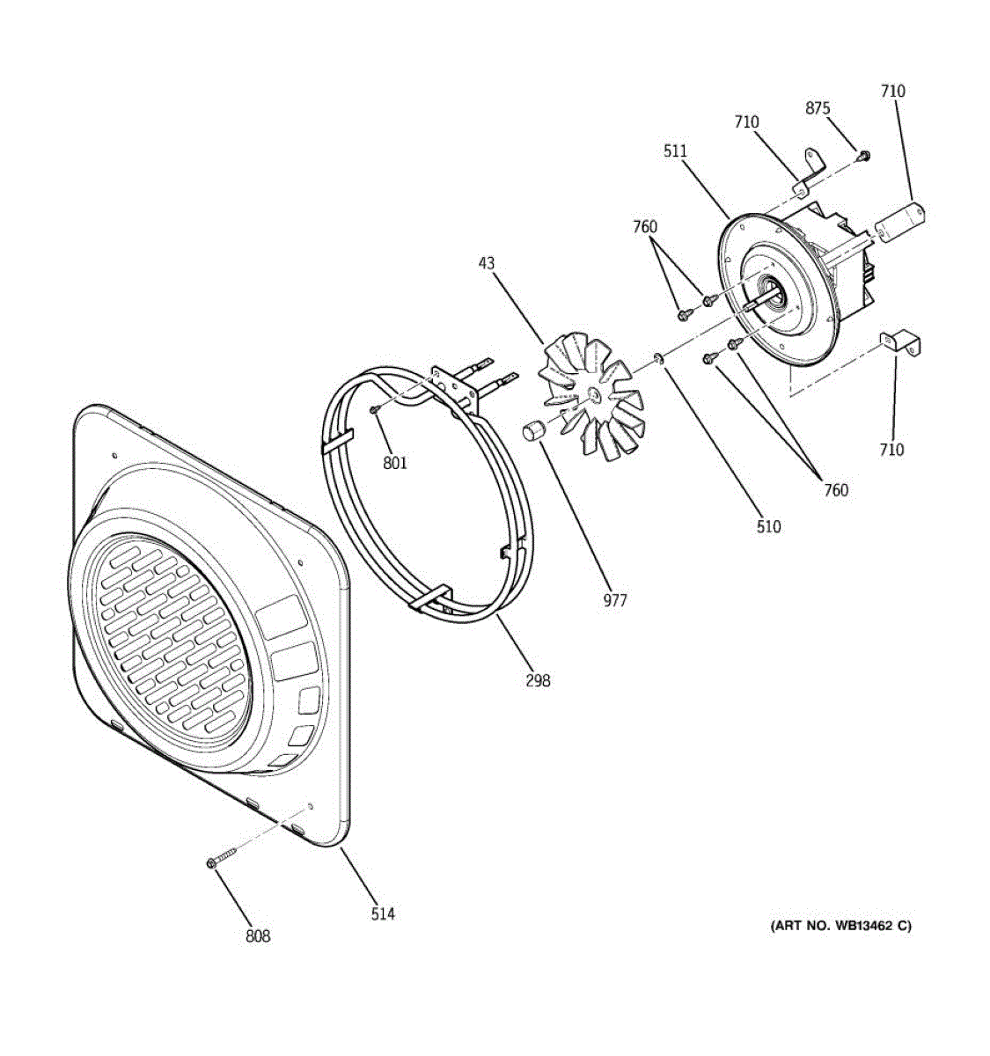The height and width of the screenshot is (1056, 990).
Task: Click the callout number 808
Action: [258, 936]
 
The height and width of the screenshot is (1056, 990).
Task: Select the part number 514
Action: [383, 914]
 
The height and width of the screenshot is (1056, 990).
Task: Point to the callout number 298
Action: [538, 680]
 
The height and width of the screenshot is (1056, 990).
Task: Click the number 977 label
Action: [615, 600]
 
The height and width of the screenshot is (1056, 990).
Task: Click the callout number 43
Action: [487, 263]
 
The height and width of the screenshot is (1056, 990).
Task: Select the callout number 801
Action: [395, 463]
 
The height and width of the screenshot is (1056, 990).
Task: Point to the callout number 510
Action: [768, 527]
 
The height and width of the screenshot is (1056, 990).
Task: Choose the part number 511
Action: [675, 151]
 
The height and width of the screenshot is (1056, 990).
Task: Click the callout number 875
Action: [818, 108]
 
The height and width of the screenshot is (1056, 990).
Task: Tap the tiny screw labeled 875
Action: [864, 157]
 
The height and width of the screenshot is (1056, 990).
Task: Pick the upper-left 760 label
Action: [645, 227]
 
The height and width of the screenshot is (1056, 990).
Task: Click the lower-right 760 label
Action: [836, 490]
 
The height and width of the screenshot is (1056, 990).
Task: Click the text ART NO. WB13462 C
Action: [840, 926]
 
